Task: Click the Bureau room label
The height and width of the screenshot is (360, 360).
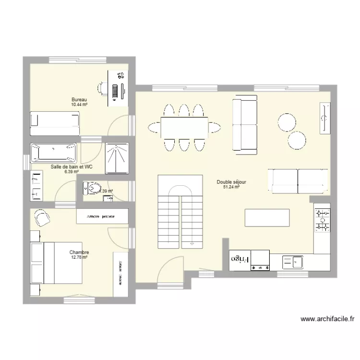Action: tap(79, 100)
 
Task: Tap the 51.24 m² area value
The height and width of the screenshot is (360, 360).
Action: tap(231, 187)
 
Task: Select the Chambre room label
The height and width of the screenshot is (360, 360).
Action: tap(79, 252)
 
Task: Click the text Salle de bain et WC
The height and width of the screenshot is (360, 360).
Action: tap(72, 167)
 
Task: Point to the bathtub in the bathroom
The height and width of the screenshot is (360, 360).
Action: tap(53, 153)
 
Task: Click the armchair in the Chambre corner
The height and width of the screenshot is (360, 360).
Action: tap(42, 218)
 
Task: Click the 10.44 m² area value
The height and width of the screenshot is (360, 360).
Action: tap(79, 105)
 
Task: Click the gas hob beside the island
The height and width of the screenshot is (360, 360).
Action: tap(322, 219)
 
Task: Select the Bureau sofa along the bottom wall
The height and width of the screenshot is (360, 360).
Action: tap(54, 119)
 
